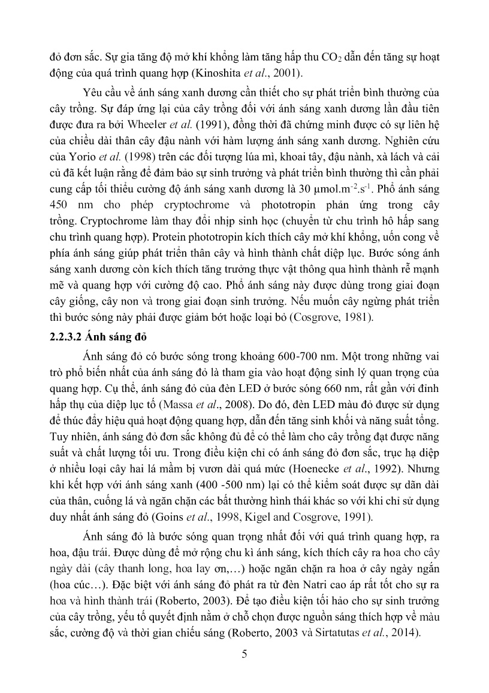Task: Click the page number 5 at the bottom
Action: [244, 654]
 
